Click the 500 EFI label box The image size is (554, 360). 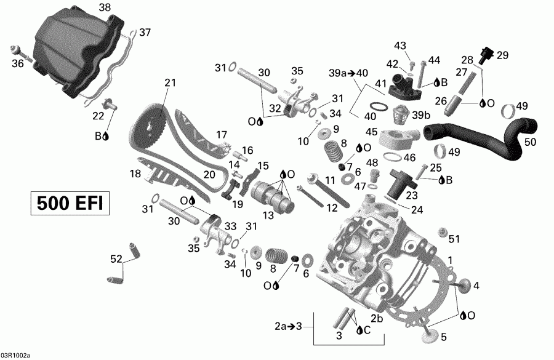coord(70,202)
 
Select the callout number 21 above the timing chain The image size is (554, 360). coord(170,82)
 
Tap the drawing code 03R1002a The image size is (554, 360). coord(15,355)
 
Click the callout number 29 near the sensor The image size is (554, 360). coord(502,55)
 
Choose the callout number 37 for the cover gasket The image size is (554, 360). coord(145,32)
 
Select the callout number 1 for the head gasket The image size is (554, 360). coord(451,260)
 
